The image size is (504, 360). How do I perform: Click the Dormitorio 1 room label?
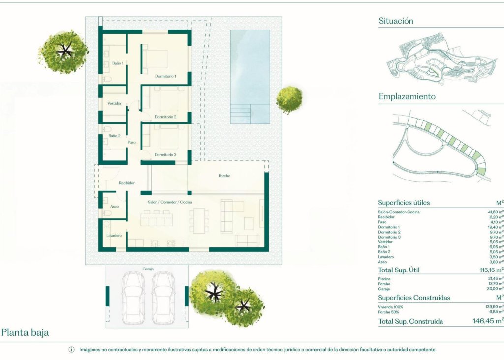point(165,76)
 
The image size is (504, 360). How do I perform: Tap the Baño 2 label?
point(114,136)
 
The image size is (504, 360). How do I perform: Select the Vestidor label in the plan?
point(114,103)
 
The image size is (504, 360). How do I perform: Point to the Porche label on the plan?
point(224,176)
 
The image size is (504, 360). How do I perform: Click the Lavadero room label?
point(114,236)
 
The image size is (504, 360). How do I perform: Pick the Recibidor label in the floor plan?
point(126,183)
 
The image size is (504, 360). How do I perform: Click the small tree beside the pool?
point(289,99)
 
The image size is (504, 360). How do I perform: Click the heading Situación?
point(396,21)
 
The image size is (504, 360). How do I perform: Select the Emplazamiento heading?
point(407,97)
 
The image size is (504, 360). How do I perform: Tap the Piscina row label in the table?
point(385,279)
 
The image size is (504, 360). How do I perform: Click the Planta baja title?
point(25,333)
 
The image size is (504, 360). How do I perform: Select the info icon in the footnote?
point(71,350)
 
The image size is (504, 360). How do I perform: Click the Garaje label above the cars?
point(148,270)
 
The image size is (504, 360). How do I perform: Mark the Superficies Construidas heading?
point(414,298)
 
